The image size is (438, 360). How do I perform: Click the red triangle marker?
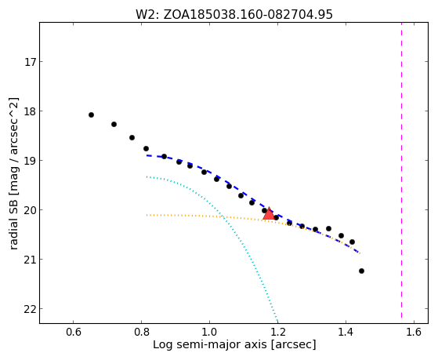tap(269, 214)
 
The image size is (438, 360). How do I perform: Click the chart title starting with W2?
tap(234, 14)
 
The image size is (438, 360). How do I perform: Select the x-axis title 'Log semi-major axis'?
tap(210, 344)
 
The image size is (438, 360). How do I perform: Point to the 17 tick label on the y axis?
tap(31, 62)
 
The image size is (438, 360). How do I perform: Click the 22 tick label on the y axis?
tap(31, 309)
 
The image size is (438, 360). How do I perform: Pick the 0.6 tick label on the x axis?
tap(73, 333)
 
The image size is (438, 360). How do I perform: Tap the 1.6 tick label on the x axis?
tap(414, 333)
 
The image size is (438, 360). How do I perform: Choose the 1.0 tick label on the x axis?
tap(209, 333)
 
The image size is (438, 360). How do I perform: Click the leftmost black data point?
tap(91, 115)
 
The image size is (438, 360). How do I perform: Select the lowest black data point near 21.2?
tap(361, 271)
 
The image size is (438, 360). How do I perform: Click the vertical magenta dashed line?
tap(401, 170)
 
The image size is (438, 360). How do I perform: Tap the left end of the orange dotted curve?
tap(147, 215)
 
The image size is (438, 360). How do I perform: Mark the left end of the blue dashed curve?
tap(147, 155)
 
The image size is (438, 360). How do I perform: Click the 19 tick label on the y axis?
tap(31, 161)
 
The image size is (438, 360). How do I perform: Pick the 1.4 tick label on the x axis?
tap(346, 333)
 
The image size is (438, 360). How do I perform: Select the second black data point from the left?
tap(114, 124)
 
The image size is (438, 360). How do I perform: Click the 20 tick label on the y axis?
tap(31, 210)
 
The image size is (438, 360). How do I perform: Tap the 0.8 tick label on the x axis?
tap(141, 333)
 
